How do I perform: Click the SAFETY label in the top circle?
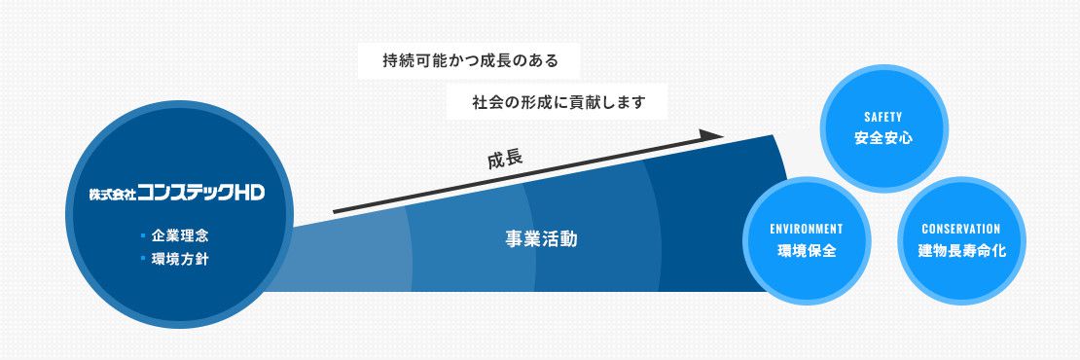[x=883, y=118]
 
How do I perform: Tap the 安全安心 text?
[x=883, y=137]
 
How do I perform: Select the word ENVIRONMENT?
[x=807, y=230]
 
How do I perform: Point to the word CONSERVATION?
[x=961, y=230]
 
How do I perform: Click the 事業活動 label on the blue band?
[x=541, y=239]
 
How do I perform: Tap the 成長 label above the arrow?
[x=505, y=160]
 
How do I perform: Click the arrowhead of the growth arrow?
[x=711, y=135]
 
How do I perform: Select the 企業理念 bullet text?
[x=180, y=236]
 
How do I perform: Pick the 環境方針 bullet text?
[x=180, y=259]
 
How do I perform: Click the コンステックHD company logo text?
[x=200, y=193]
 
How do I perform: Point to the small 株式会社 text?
[x=112, y=195]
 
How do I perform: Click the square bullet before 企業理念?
[x=143, y=235]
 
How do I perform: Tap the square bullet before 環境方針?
[x=143, y=258]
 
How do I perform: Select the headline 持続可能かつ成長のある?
[x=470, y=61]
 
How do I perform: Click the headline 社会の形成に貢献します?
[x=558, y=102]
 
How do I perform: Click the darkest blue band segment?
[x=716, y=220]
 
